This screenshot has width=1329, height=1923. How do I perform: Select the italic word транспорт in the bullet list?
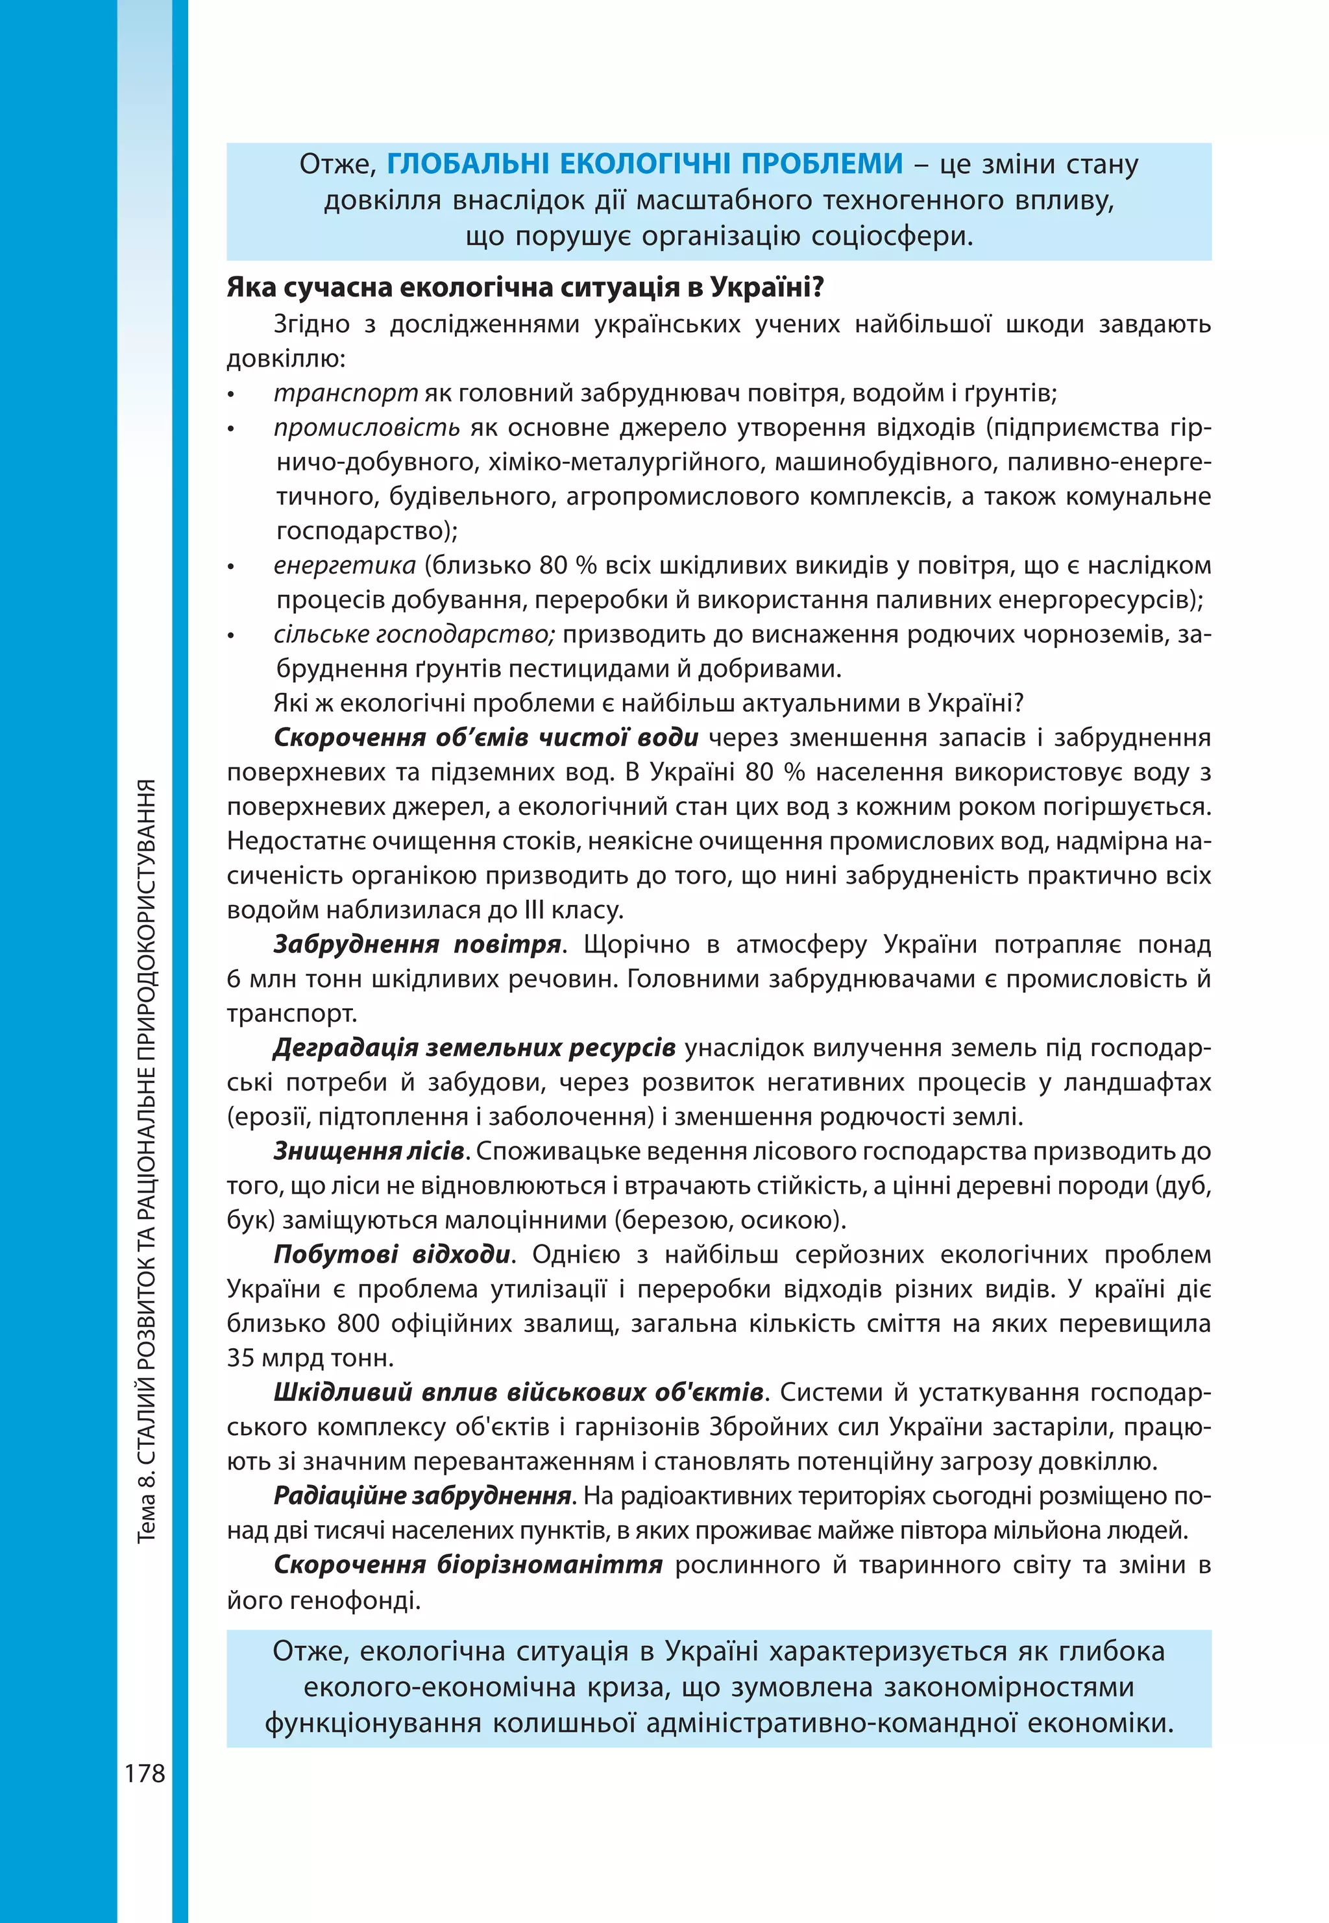346,393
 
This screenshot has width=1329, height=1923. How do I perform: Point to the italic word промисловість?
367,428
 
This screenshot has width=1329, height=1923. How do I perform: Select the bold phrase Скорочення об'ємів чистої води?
485,738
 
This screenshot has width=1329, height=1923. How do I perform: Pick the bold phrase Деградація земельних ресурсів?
474,1048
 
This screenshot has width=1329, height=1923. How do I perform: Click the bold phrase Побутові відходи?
392,1255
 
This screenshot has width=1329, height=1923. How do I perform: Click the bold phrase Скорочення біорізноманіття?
468,1565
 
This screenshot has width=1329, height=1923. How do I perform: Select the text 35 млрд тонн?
310,1359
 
